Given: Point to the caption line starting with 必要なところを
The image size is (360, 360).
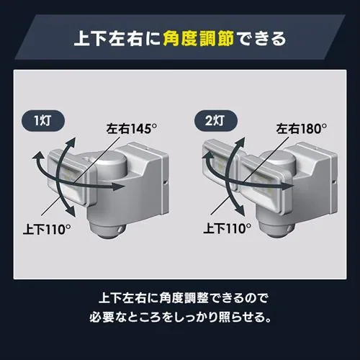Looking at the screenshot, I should click(180, 316).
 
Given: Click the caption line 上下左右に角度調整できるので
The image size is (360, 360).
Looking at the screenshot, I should click(180, 296).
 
